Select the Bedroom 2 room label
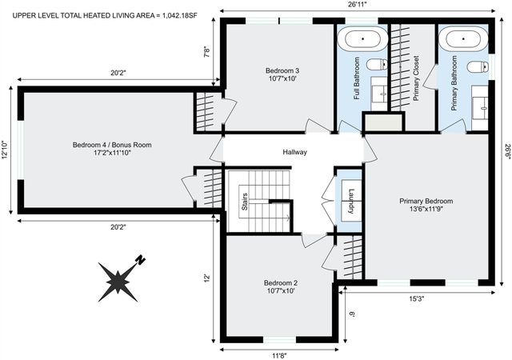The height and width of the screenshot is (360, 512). click(x=281, y=287)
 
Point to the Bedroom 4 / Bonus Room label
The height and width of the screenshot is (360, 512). click(x=112, y=149)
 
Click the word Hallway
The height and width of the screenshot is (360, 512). click(x=294, y=152)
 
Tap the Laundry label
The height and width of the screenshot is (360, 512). click(x=350, y=202)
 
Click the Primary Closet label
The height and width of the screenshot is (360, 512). click(x=416, y=78)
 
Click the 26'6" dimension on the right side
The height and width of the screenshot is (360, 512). click(x=506, y=152)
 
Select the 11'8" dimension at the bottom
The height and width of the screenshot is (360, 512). click(x=278, y=354)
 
